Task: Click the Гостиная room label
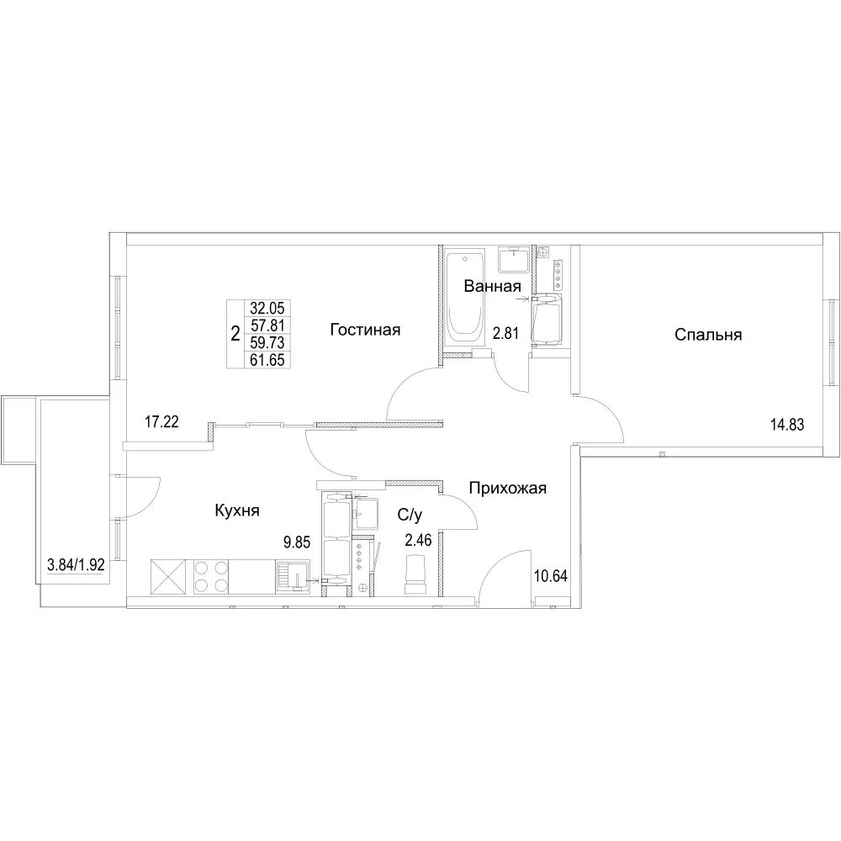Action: coord(365,330)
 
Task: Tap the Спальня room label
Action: coord(708,335)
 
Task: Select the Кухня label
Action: coord(237,510)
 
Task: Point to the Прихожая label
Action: coord(507,488)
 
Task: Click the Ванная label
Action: coord(492,286)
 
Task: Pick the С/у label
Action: coord(410,516)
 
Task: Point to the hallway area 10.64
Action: coord(551,576)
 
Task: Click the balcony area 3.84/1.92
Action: coord(76,565)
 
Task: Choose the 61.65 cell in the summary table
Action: coord(267,359)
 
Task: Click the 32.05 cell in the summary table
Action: coord(267,308)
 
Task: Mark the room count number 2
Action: coord(235,335)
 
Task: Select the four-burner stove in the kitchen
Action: coord(210,577)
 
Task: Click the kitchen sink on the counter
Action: coord(293,577)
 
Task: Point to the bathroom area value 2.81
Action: coord(505,334)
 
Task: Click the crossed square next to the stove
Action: coord(168,577)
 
